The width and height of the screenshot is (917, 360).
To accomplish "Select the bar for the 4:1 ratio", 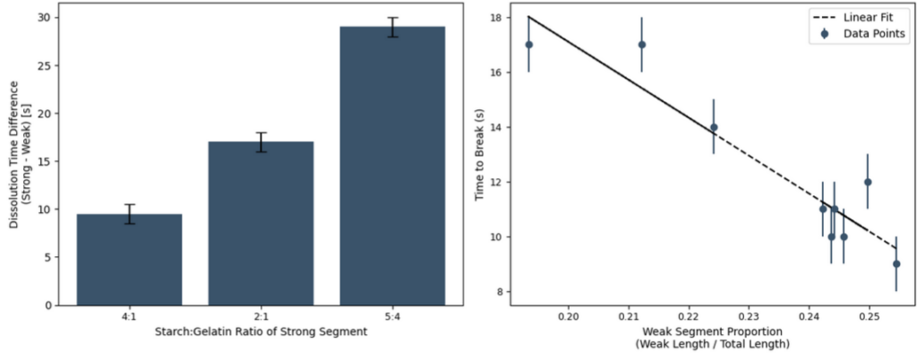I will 129,260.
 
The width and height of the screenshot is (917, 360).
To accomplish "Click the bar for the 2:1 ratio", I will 261,224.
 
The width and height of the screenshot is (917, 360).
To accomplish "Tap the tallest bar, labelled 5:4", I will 391,166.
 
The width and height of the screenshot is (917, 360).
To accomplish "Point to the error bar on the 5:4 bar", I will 391,27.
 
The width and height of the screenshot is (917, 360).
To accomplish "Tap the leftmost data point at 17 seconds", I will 529,45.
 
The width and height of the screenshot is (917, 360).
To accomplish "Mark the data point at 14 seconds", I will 714,127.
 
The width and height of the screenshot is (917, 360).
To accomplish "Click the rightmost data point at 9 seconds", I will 896,263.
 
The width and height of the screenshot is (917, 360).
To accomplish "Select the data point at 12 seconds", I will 868,182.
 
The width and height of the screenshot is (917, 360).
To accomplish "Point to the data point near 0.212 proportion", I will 642,45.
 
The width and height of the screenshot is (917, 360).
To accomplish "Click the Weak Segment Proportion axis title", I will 713,339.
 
